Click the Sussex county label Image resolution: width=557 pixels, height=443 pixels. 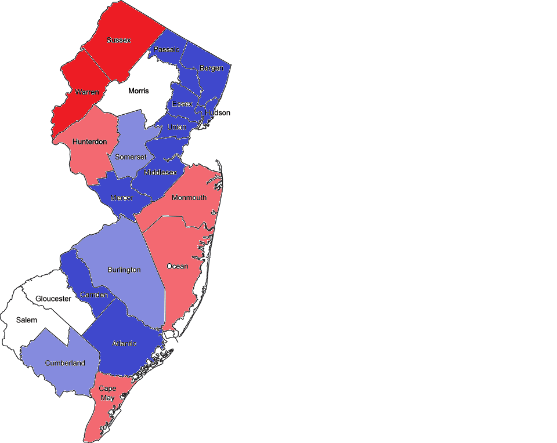pyautogui.click(x=118, y=40)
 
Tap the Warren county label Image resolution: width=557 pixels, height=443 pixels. pyautogui.click(x=86, y=92)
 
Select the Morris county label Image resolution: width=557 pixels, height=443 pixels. pyautogui.click(x=139, y=91)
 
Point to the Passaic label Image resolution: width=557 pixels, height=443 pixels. pyautogui.click(x=167, y=50)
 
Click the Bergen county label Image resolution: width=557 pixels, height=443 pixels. pyautogui.click(x=211, y=68)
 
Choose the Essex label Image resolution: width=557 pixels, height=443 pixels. pyautogui.click(x=182, y=104)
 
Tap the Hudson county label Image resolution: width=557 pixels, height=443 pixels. pyautogui.click(x=218, y=112)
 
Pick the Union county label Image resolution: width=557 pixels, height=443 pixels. pyautogui.click(x=177, y=127)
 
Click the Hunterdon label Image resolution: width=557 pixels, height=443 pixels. pyautogui.click(x=90, y=141)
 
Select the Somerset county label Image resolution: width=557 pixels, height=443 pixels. pyautogui.click(x=132, y=157)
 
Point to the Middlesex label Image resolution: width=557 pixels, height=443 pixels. pyautogui.click(x=160, y=172)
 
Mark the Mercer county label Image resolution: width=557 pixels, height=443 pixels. pyautogui.click(x=122, y=198)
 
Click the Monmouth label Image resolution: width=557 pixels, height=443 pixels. pyautogui.click(x=189, y=198)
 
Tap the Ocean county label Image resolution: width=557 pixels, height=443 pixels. pyautogui.click(x=178, y=266)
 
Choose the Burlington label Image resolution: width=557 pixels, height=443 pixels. pyautogui.click(x=124, y=270)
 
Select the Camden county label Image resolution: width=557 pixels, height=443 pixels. pyautogui.click(x=94, y=295)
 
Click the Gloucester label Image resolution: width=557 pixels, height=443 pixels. pyautogui.click(x=53, y=299)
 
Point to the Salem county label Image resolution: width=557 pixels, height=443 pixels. pyautogui.click(x=27, y=320)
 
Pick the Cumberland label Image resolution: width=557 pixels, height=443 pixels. pyautogui.click(x=65, y=364)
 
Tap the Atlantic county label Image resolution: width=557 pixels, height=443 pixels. pyautogui.click(x=123, y=344)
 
